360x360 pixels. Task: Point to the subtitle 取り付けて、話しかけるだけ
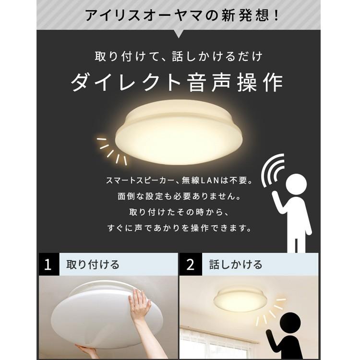coord(179,57)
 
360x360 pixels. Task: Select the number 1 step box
coord(48,265)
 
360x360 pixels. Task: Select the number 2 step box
coord(191,265)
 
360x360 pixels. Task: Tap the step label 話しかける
coord(236,265)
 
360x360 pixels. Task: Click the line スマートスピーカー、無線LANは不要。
coord(179,181)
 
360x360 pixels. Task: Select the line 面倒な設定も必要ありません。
coord(179,197)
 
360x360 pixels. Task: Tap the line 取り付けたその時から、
coord(179,212)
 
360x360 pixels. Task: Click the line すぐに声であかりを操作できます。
coord(179,228)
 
